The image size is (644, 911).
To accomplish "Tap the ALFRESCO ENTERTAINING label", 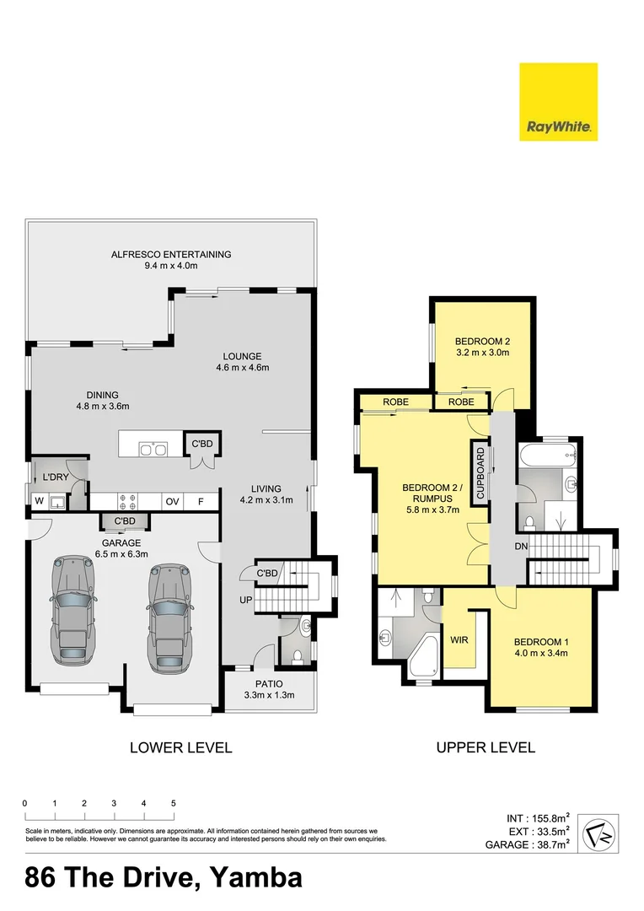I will pyautogui.click(x=171, y=254).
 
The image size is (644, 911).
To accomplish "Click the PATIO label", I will pyautogui.click(x=270, y=683).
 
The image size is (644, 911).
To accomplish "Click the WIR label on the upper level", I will pyautogui.click(x=459, y=639).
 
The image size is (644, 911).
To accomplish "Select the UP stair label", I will pyautogui.click(x=244, y=600).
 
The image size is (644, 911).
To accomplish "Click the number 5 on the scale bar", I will pyautogui.click(x=173, y=803).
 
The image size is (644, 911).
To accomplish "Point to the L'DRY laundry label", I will pyautogui.click(x=55, y=478).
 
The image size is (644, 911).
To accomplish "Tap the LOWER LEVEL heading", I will pyautogui.click(x=180, y=747).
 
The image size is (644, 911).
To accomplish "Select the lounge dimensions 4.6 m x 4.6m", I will pyautogui.click(x=242, y=367).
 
